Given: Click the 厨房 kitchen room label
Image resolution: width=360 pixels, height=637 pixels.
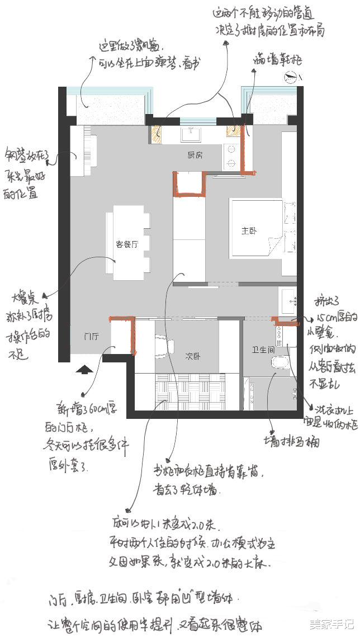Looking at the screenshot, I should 195,155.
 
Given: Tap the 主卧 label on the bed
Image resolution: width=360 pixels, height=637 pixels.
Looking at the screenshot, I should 248,230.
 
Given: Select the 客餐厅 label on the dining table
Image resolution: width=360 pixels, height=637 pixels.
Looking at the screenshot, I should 127,244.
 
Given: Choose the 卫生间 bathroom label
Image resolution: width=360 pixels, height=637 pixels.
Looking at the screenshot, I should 261,350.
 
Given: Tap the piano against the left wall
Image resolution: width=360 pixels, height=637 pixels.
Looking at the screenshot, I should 84,148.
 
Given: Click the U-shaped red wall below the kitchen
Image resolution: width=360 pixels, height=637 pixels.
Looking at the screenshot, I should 190,185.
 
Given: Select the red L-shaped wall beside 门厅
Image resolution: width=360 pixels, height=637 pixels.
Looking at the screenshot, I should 126,333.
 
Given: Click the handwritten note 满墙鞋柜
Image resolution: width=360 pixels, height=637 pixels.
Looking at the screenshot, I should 271,57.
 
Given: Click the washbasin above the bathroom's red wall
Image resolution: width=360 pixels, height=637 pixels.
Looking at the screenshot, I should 288,300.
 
